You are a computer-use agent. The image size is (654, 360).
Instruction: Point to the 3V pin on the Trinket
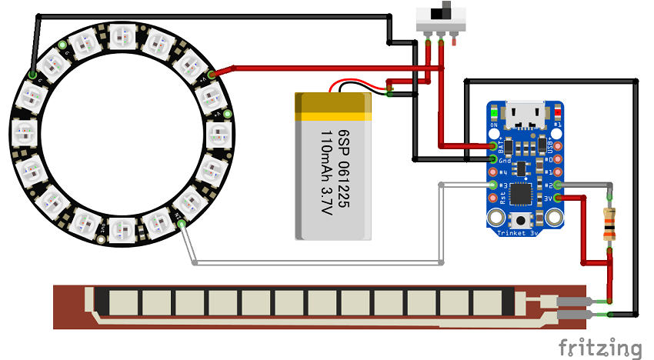(x=558, y=198)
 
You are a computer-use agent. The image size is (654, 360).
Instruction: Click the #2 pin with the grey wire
(x=558, y=185)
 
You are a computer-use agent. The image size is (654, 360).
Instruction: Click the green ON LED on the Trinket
(x=494, y=112)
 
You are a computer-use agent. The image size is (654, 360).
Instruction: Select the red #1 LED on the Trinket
(x=558, y=112)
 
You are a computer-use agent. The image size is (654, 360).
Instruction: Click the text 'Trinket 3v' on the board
(x=517, y=232)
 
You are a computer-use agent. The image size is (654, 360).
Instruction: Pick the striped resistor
(x=610, y=225)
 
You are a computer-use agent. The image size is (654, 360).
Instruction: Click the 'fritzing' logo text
(x=599, y=348)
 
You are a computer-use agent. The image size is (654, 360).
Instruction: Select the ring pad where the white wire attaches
(x=182, y=225)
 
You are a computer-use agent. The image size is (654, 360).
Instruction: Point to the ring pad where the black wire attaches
(x=32, y=75)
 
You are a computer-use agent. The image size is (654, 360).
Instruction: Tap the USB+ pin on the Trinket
(x=558, y=145)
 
